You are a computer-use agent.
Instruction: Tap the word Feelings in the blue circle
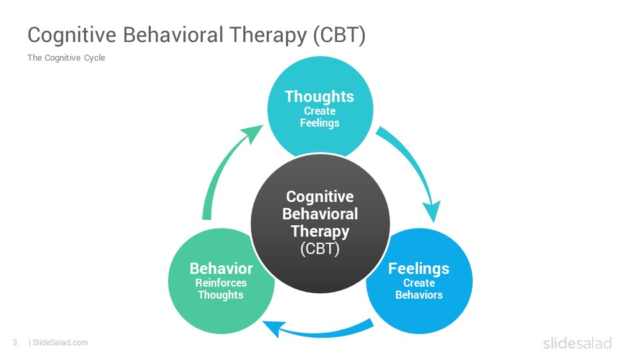pos(419,269)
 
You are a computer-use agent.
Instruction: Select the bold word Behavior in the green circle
pos(221,269)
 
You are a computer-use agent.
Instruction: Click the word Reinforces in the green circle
pos(221,283)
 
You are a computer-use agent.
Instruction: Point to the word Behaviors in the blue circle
pos(419,295)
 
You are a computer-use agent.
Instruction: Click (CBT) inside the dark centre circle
pos(320,248)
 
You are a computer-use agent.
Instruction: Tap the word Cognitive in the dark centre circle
pos(320,197)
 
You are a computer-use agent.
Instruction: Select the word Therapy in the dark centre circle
pos(320,231)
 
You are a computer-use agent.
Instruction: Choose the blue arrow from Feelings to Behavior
pos(319,331)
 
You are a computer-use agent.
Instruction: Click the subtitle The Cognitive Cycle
pos(66,58)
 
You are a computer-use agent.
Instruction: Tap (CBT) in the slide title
pos(339,35)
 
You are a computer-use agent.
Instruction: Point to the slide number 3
pos(15,343)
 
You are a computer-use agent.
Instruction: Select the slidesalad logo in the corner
pos(577,343)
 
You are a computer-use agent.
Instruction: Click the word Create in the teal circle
pos(319,111)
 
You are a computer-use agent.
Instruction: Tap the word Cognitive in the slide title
pos(72,35)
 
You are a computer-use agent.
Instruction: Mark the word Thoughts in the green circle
pos(221,295)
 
